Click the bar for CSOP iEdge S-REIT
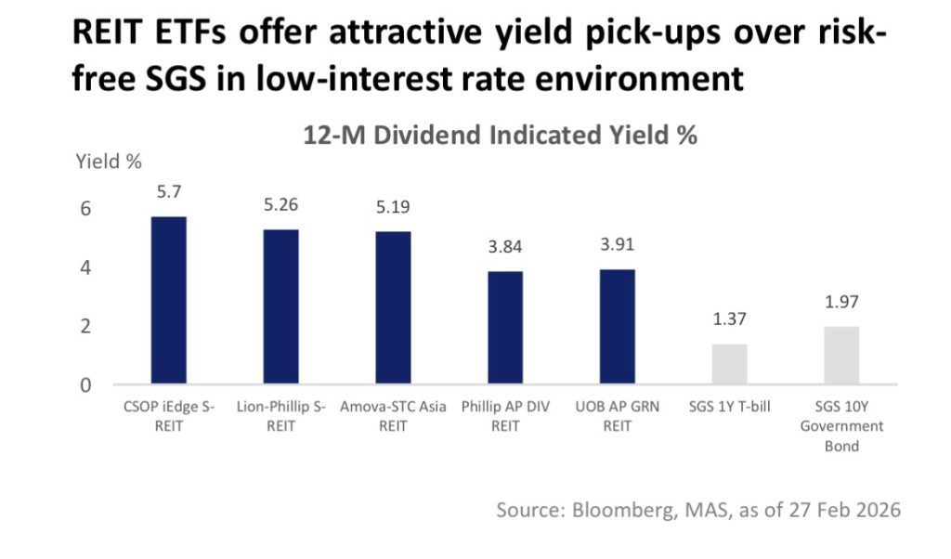(168, 300)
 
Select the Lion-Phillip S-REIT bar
(280, 306)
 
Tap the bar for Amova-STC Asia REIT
(393, 307)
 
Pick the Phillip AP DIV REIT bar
(505, 328)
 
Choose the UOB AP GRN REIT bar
(618, 327)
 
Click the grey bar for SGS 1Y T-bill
(729, 364)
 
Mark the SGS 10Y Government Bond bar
(841, 355)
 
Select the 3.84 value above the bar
(505, 250)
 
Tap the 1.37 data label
(729, 321)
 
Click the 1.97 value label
(841, 304)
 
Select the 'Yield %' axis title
(108, 162)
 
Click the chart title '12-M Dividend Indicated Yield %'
(500, 136)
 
